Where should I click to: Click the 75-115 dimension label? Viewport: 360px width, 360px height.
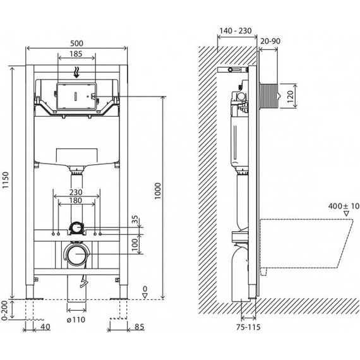point(248,327)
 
